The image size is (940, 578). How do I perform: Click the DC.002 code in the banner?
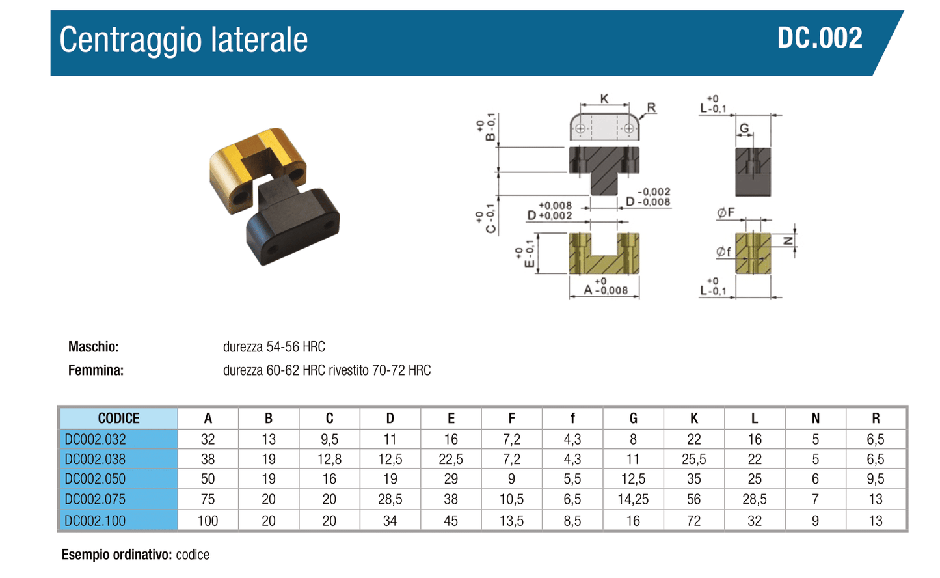(x=820, y=38)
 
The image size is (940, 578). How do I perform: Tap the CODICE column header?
(x=119, y=418)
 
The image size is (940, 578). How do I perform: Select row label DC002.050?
(x=95, y=479)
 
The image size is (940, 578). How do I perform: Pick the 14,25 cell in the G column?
(x=633, y=499)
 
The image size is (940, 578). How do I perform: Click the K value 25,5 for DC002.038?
(x=693, y=459)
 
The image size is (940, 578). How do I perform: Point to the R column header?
(x=876, y=418)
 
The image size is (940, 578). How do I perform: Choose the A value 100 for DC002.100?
(x=208, y=521)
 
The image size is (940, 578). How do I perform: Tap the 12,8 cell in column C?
(x=329, y=459)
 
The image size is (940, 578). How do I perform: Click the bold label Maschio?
(x=94, y=347)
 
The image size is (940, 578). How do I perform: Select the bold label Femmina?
(x=96, y=370)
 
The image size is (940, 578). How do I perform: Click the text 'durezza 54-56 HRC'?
(x=274, y=347)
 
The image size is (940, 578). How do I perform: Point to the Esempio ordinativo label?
(x=116, y=555)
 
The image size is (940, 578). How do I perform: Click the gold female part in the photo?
(x=256, y=168)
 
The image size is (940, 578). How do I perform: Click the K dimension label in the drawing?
(x=604, y=99)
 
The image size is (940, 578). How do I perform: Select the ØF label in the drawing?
(x=726, y=213)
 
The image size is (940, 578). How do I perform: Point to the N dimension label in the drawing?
(x=788, y=241)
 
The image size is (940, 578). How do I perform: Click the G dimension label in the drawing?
(x=744, y=128)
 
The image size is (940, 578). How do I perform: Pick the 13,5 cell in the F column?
(x=511, y=521)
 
